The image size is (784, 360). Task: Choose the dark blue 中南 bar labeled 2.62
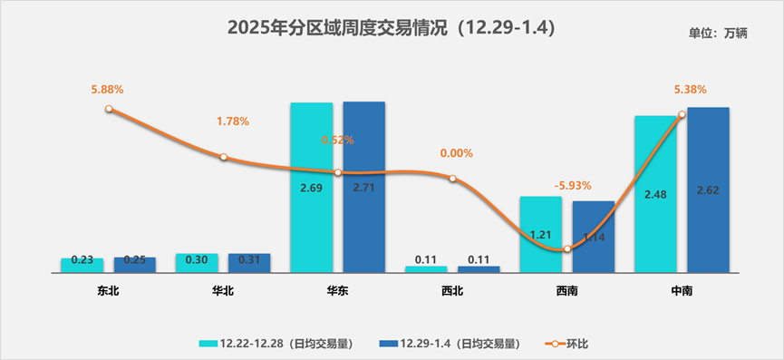[x=708, y=190]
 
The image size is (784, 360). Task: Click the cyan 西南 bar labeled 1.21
[x=541, y=234]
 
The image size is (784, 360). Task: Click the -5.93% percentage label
[x=572, y=185]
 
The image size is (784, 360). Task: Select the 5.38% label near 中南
[x=690, y=90]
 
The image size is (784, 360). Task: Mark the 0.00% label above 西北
[x=456, y=153]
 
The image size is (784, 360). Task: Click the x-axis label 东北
[x=108, y=291]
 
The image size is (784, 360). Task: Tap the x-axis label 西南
[x=566, y=291]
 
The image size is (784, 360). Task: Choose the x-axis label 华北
[x=223, y=291]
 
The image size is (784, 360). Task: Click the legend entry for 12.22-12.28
[x=276, y=344]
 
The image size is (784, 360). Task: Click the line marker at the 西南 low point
[x=566, y=248]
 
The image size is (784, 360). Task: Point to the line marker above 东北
[x=109, y=109]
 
